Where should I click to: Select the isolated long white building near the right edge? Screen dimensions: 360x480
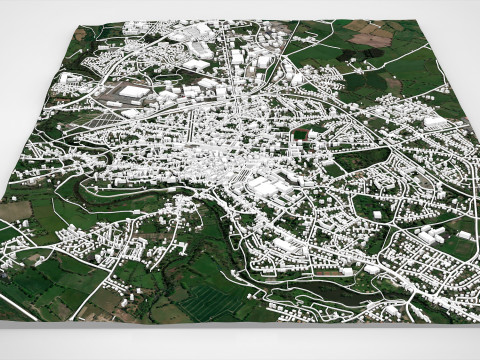436,122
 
